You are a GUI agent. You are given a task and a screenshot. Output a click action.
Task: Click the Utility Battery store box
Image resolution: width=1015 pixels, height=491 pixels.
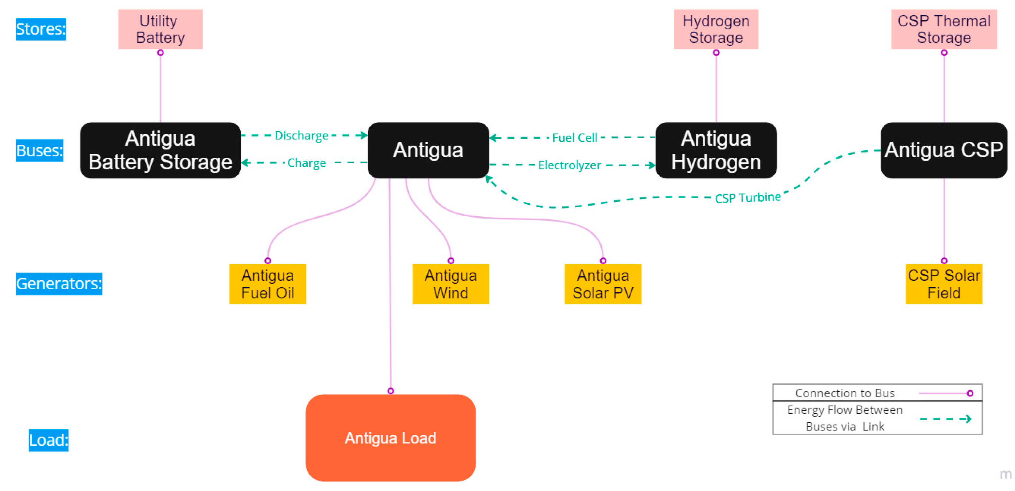pyautogui.click(x=160, y=29)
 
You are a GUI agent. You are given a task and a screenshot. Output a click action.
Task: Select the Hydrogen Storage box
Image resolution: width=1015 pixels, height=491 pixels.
pyautogui.click(x=715, y=29)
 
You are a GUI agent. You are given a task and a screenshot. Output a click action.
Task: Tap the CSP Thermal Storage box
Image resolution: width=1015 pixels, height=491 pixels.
pyautogui.click(x=944, y=29)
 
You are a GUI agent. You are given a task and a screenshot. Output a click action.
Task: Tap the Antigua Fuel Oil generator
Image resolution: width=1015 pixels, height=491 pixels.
pyautogui.click(x=268, y=284)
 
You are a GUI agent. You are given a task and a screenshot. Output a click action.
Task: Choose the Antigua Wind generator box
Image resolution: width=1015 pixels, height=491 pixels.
pyautogui.click(x=450, y=284)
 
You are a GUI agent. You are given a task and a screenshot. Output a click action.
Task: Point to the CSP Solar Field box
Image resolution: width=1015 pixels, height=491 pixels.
pyautogui.click(x=944, y=284)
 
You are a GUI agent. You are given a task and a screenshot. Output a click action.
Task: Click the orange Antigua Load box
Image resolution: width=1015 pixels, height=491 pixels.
pyautogui.click(x=390, y=438)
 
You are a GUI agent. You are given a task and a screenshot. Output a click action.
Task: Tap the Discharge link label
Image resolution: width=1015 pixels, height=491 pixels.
pyautogui.click(x=302, y=136)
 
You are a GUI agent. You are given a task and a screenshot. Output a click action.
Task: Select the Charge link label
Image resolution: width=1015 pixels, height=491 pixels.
pyautogui.click(x=306, y=163)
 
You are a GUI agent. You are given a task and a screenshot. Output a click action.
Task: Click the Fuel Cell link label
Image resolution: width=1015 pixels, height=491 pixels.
pyautogui.click(x=575, y=138)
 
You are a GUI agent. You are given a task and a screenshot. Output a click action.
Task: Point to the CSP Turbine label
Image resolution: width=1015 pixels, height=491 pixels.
pyautogui.click(x=747, y=198)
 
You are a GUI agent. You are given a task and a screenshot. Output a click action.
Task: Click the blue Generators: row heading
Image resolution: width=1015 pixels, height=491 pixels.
pyautogui.click(x=59, y=283)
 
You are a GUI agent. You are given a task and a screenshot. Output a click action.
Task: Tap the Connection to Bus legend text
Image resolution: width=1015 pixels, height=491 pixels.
pyautogui.click(x=845, y=393)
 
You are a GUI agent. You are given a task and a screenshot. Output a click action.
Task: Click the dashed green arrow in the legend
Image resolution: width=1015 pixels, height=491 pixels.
pyautogui.click(x=945, y=419)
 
